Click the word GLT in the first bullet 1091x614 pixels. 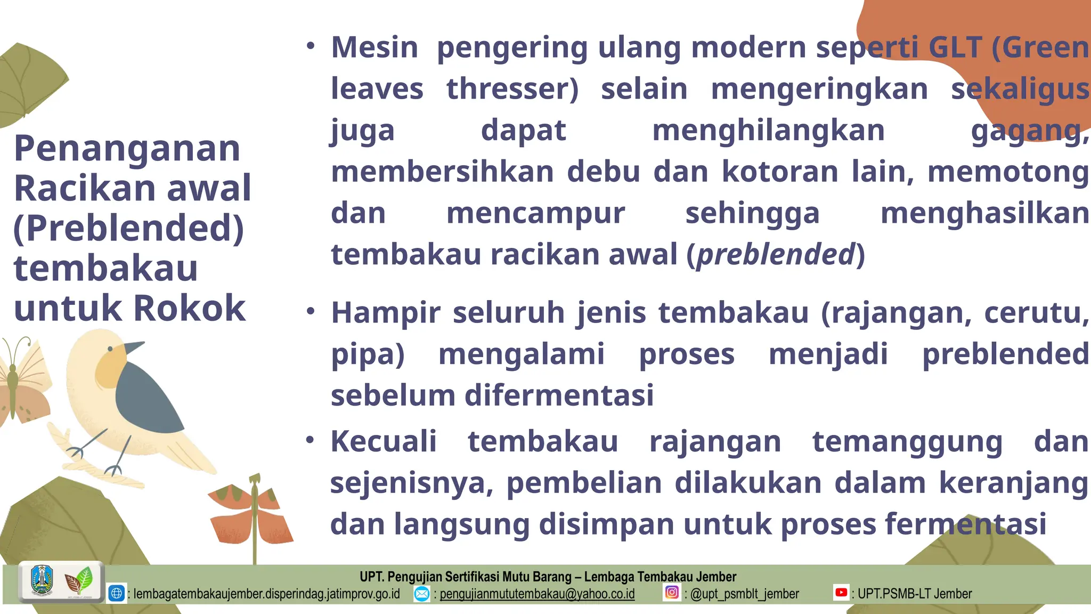[955, 47]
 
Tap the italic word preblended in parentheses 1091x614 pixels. [776, 255]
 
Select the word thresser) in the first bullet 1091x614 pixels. [512, 89]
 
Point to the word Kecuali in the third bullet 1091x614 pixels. [384, 442]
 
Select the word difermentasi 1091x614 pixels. [559, 395]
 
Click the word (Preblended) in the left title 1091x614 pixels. [128, 228]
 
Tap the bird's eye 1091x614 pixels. [110, 349]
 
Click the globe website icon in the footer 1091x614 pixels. [117, 593]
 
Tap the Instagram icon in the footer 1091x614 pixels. [672, 593]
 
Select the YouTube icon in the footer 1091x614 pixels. [841, 593]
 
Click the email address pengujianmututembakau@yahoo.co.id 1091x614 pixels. [537, 594]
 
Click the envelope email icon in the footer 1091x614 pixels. [422, 593]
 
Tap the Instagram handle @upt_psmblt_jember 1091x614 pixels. [744, 594]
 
